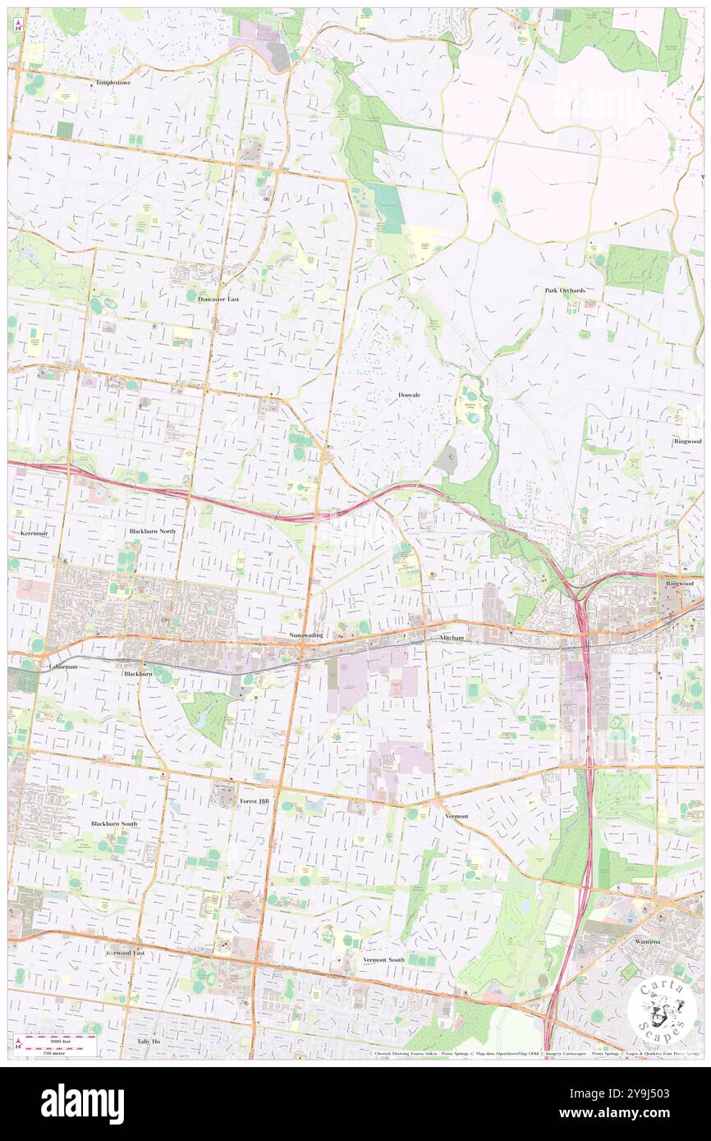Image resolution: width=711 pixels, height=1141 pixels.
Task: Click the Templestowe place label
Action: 114,83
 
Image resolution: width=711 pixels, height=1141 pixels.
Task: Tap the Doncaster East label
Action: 218,299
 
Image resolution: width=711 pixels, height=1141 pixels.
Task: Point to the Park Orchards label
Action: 565,291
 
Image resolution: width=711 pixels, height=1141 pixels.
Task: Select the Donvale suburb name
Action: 410,395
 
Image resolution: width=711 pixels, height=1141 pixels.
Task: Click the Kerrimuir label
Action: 34,533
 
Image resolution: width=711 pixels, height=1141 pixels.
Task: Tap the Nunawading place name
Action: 306,635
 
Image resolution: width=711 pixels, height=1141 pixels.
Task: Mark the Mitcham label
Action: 451,638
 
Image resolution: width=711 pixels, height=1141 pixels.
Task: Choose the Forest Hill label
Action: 254,800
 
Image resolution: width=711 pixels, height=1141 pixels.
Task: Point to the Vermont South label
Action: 384,960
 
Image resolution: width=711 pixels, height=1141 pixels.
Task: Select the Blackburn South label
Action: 114,823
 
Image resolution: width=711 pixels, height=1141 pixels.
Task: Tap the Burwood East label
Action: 126,953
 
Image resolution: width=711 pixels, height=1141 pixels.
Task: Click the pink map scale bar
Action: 57,1038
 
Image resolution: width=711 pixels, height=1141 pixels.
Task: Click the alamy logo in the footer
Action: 83,1103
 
